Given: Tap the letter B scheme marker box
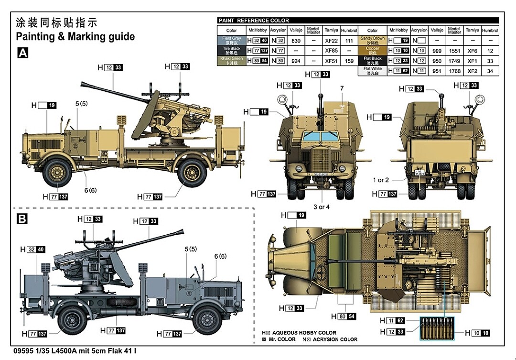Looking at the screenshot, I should (x=22, y=219).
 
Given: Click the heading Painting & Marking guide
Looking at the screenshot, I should (x=75, y=37).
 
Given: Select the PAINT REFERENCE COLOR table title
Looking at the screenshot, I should (x=254, y=21).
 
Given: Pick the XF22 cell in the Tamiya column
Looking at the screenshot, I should (x=331, y=41).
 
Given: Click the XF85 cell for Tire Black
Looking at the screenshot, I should (x=331, y=51).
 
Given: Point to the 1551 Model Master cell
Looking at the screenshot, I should (x=454, y=51).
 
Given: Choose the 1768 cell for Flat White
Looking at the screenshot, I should (x=454, y=71).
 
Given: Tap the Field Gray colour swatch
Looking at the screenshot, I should (x=232, y=41).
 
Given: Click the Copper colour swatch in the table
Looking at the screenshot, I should (x=372, y=51).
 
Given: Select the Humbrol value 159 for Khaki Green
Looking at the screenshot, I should (x=349, y=61).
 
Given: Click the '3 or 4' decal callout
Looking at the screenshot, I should (x=322, y=207).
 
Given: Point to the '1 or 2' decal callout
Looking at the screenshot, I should (x=381, y=180).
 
